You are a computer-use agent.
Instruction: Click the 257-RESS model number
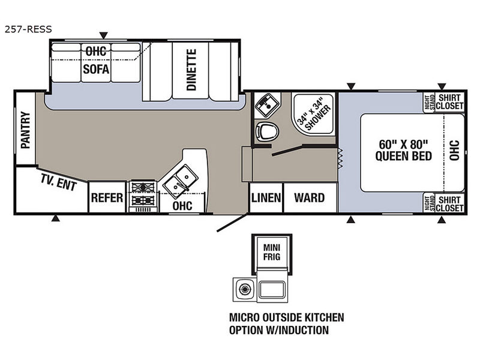[x=28, y=29]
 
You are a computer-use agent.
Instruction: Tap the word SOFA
[x=96, y=69]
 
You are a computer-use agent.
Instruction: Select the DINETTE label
[x=191, y=70]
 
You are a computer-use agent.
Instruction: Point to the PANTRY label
[x=25, y=130]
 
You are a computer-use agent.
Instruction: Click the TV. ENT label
[x=58, y=182]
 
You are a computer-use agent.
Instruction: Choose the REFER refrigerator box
[x=107, y=197]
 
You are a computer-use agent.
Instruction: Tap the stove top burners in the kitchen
[x=143, y=194]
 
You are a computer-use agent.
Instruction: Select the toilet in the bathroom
[x=267, y=131]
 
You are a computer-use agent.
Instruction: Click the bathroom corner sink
[x=268, y=106]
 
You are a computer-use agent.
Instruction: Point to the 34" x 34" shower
[x=313, y=114]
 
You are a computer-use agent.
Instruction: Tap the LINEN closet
[x=266, y=198]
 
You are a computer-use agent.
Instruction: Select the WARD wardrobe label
[x=309, y=198]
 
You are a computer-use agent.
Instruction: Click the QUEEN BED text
[x=403, y=156]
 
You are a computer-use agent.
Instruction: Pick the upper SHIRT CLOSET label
[x=449, y=101]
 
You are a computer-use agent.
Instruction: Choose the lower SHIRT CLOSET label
[x=449, y=204]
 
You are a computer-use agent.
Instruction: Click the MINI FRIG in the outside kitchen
[x=272, y=252]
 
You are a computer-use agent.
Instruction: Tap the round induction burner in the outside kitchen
[x=244, y=289]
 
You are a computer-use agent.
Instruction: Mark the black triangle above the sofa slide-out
[x=104, y=35]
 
